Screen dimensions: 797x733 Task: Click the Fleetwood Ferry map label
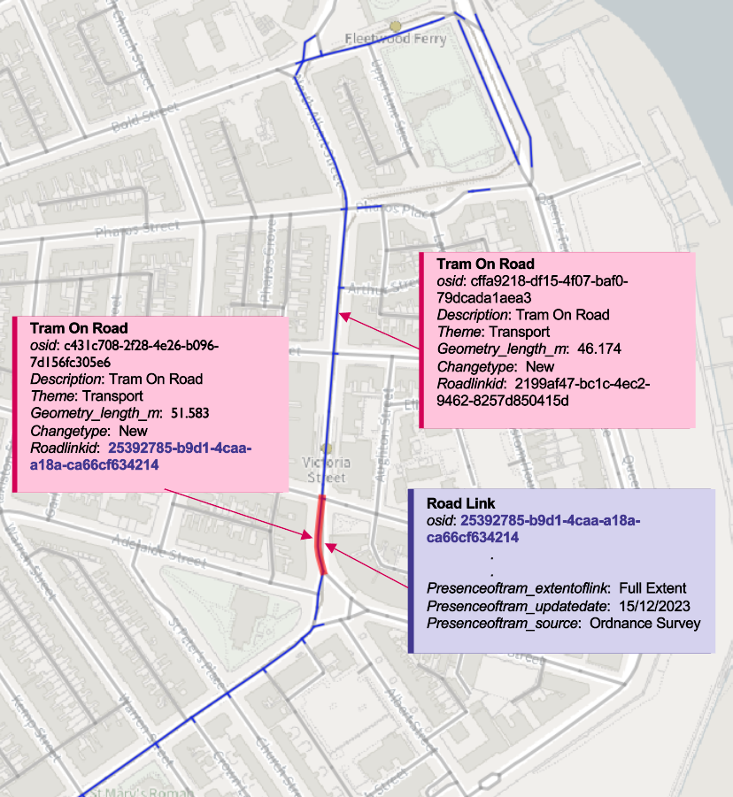pos(395,40)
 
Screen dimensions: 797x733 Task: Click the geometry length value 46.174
pos(598,349)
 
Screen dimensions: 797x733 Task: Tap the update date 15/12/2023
pos(653,606)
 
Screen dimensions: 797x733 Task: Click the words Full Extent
pos(652,588)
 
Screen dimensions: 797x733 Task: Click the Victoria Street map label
pos(325,470)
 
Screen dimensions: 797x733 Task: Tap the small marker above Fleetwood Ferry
pos(396,26)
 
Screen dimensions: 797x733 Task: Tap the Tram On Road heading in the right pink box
pos(485,264)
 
